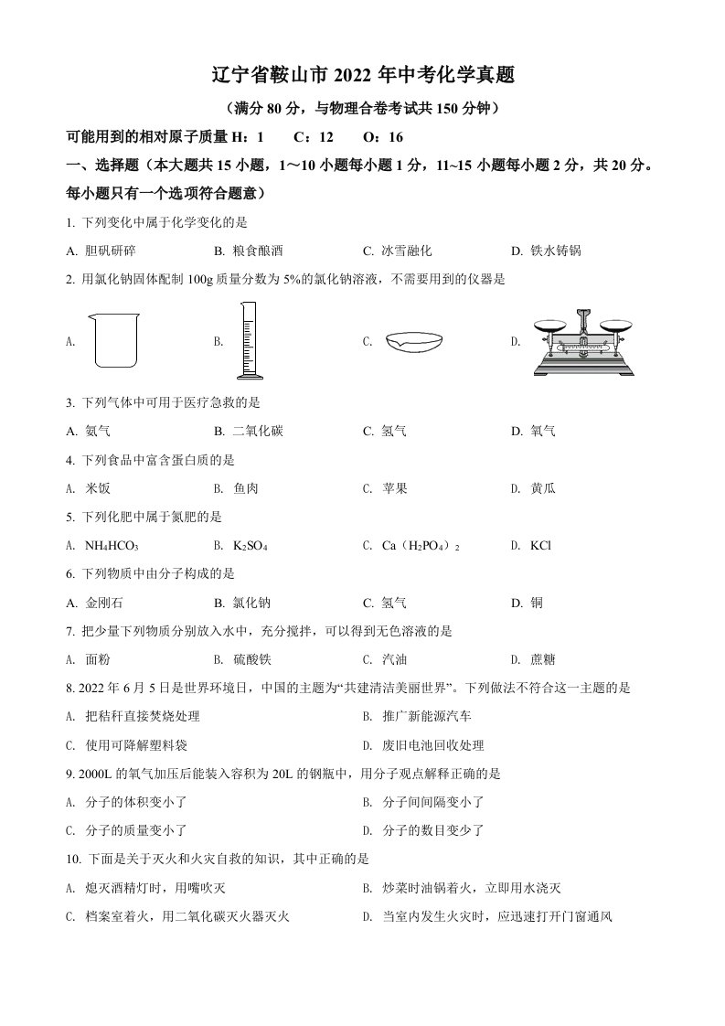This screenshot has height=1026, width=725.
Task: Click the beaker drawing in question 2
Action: (x=113, y=340)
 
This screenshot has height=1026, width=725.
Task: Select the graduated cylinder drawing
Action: (x=248, y=340)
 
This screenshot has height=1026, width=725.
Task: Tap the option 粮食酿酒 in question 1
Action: (x=258, y=251)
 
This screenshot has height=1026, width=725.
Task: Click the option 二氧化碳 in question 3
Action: (x=258, y=431)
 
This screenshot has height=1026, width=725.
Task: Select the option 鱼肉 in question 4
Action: (x=245, y=488)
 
